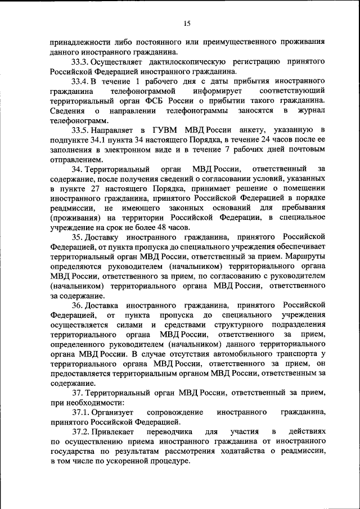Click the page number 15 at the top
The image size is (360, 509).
(x=187, y=23)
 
